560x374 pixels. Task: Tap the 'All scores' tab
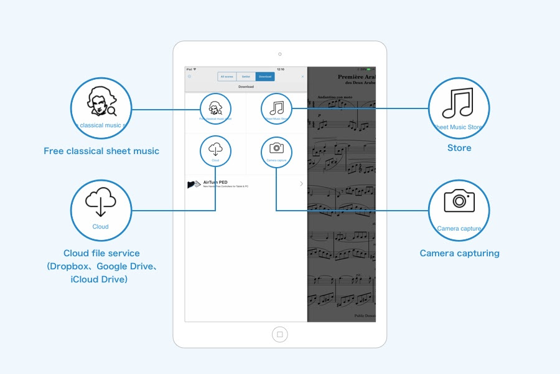(226, 76)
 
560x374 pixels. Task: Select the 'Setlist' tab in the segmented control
(246, 76)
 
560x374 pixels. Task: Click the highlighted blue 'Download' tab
(265, 76)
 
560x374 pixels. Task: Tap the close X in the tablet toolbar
(303, 76)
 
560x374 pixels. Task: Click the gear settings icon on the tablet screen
(190, 76)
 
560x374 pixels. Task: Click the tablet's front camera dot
(280, 54)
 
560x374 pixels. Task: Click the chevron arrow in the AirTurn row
(302, 184)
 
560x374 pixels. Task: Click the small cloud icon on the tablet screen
(215, 148)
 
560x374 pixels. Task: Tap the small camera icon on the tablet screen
(276, 148)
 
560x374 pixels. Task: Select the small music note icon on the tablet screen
(276, 107)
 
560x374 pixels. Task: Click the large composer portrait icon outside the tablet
(101, 102)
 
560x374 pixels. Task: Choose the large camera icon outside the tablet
(459, 202)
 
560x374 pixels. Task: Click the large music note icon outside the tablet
(459, 102)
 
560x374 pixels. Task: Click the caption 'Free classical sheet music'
(101, 151)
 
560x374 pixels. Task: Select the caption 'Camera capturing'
(459, 253)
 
